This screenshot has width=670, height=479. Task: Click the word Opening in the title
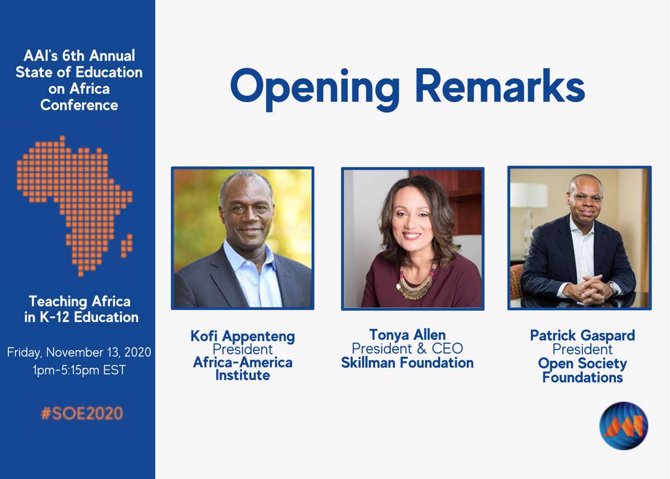(315, 89)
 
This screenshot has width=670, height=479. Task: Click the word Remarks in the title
(500, 86)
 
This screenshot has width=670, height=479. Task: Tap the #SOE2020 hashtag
(82, 414)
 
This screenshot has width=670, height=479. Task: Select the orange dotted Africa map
(74, 206)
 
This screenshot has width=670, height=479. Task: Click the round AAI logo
(624, 426)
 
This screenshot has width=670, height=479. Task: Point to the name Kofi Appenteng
(242, 336)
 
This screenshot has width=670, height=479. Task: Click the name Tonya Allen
(408, 335)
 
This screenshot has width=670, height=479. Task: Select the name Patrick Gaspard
(582, 335)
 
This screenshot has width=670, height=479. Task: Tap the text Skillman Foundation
(408, 363)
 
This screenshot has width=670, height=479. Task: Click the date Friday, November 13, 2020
(79, 353)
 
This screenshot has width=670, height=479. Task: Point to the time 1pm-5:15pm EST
(79, 370)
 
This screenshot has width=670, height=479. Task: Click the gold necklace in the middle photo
(414, 283)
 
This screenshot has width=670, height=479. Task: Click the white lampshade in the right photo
(529, 195)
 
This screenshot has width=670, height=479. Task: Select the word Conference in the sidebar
(79, 105)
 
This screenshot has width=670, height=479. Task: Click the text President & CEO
(408, 348)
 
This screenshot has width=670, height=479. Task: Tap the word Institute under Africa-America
(242, 375)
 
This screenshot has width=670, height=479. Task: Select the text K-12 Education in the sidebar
(89, 317)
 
